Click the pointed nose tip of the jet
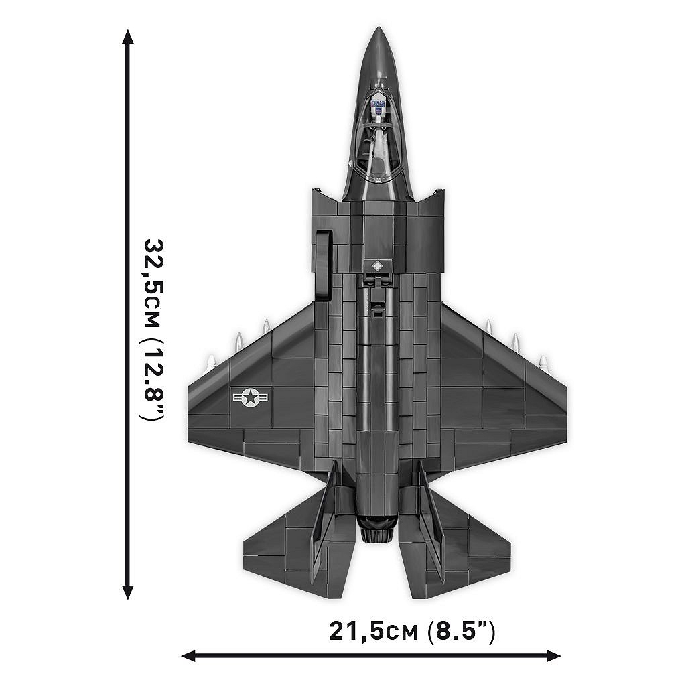(379, 29)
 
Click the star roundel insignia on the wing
(251, 398)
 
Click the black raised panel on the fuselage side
(325, 265)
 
